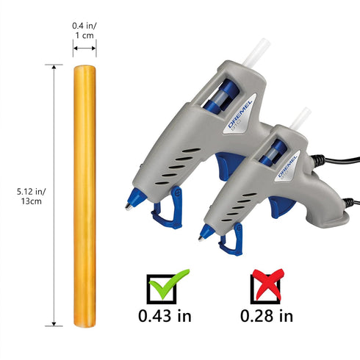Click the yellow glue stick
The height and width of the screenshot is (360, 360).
(x=84, y=196)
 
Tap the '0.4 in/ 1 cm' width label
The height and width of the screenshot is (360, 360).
(x=84, y=31)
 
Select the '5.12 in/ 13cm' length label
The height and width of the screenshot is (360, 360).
(x=31, y=196)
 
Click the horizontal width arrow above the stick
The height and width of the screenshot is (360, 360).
(x=84, y=48)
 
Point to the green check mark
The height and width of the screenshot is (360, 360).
(x=169, y=284)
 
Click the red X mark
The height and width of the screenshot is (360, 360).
(x=268, y=284)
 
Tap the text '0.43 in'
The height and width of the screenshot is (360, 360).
(x=165, y=316)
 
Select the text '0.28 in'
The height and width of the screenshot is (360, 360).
(x=267, y=316)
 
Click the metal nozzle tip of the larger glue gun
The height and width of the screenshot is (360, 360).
(x=129, y=206)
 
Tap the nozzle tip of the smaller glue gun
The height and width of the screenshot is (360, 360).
(x=201, y=239)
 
